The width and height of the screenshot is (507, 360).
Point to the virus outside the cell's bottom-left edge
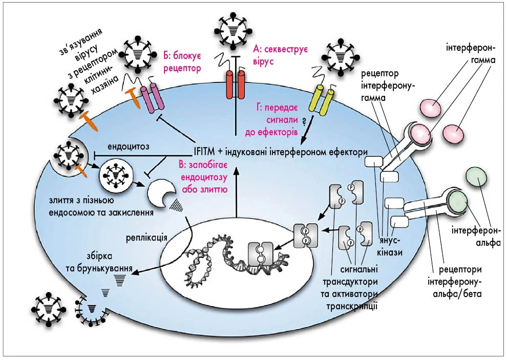click(47, 309)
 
